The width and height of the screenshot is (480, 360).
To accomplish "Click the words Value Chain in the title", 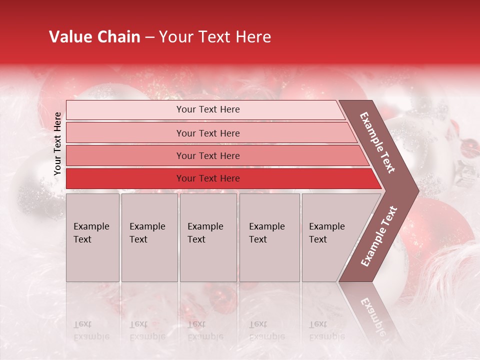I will point(94,37).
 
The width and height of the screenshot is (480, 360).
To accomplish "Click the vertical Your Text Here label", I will point(57,143).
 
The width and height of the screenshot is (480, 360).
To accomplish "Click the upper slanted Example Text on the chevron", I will point(377,142).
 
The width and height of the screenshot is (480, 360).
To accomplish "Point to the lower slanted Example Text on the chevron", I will point(379,236).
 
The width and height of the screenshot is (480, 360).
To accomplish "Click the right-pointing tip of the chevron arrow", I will point(415,190).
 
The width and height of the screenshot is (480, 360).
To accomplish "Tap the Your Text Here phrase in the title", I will point(215,37).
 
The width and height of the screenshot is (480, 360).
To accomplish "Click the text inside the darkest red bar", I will point(208,178).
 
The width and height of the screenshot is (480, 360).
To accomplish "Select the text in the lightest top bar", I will point(208,109).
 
